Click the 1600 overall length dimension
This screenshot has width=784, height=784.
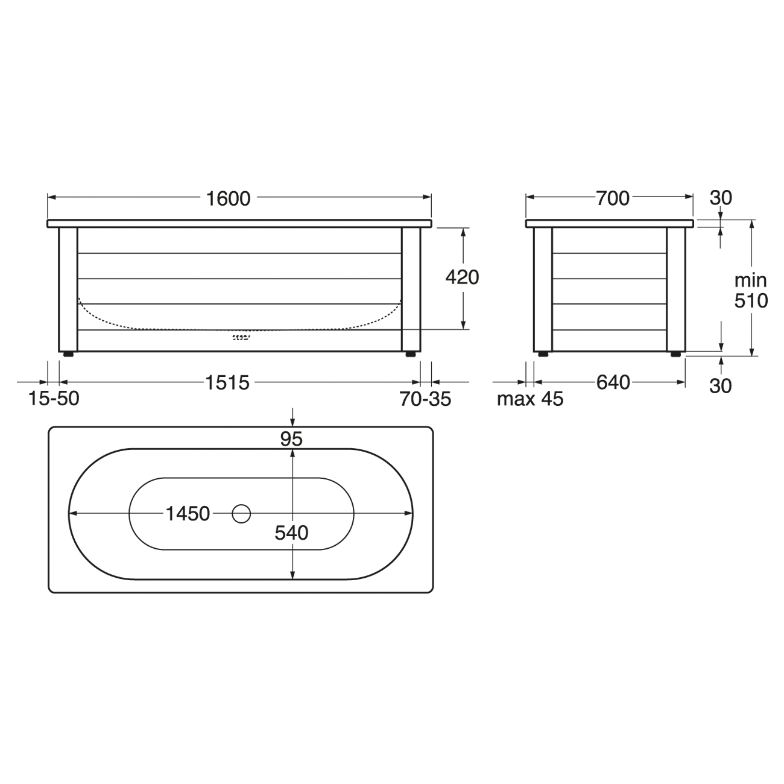pos(228,199)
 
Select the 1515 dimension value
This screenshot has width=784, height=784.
pos(227,383)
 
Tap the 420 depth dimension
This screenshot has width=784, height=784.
pos(462,277)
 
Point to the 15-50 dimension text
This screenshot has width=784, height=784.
pos(54,399)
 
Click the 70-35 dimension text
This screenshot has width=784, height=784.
pos(425,399)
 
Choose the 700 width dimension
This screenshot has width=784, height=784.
pos(613,198)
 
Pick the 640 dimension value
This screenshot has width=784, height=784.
pos(613,383)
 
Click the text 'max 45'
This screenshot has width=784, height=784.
pos(530,399)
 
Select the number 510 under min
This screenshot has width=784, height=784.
pos(751,301)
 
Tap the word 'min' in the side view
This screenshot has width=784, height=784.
pos(751,280)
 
